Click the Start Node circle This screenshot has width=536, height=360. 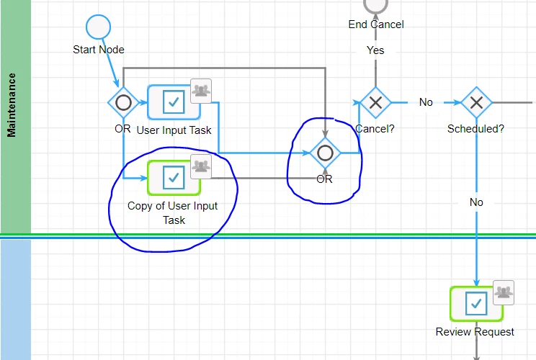(x=98, y=27)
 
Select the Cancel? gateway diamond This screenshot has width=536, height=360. (x=375, y=102)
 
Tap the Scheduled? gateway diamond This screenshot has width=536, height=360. (x=476, y=102)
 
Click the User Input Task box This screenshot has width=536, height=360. (x=174, y=102)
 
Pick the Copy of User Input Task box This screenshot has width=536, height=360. (x=174, y=178)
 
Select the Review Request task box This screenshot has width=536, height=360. (x=476, y=304)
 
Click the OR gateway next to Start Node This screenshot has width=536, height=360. (x=123, y=102)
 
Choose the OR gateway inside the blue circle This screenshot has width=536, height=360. (x=325, y=153)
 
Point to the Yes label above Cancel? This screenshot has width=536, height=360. (x=375, y=50)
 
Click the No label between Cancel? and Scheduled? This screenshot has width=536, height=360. (x=426, y=102)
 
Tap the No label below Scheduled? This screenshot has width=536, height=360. (x=476, y=202)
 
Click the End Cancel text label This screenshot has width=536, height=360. (x=376, y=24)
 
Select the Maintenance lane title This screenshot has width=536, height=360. (x=12, y=105)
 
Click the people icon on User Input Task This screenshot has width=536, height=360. (x=201, y=91)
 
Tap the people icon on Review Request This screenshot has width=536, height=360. (x=504, y=292)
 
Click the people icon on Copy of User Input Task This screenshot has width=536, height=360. (x=201, y=166)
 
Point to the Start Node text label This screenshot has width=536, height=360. (x=99, y=50)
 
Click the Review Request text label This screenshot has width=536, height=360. (x=475, y=332)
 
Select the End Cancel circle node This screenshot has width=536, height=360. (x=375, y=5)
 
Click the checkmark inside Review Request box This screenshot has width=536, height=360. (x=476, y=303)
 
